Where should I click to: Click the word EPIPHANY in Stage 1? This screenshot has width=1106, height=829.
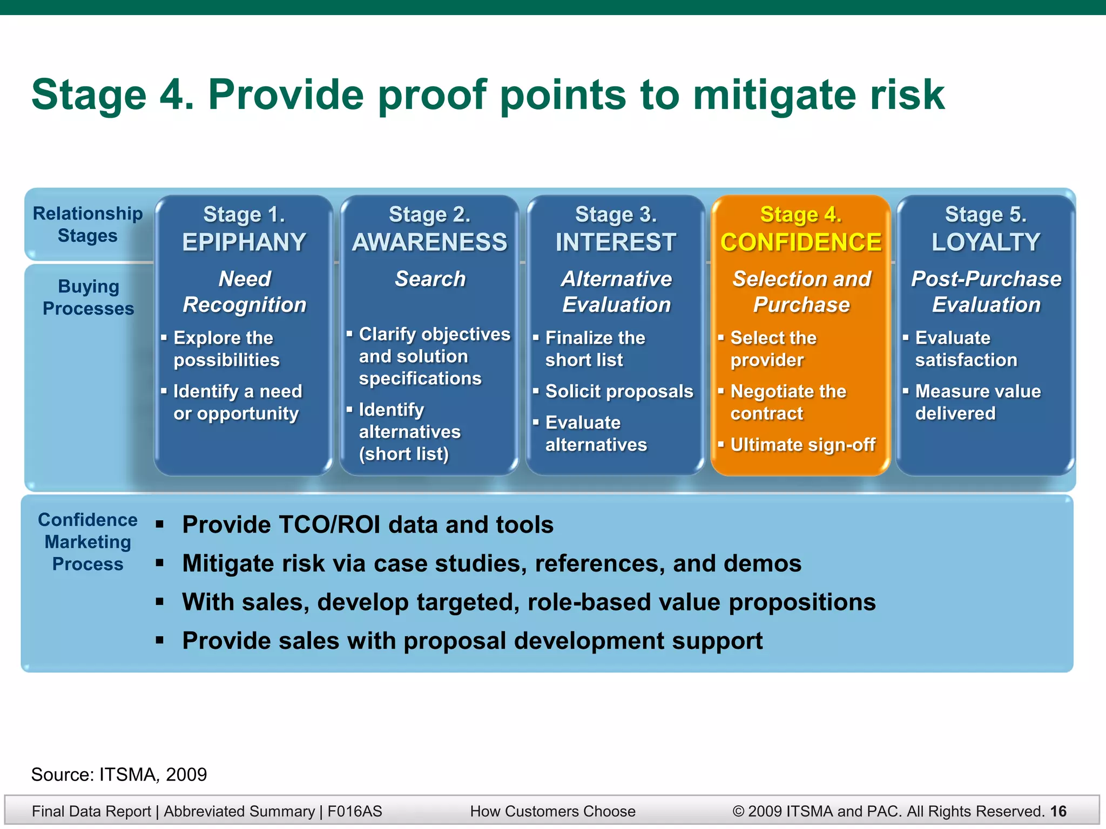coord(244,242)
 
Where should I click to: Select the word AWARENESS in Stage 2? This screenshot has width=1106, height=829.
coord(430,242)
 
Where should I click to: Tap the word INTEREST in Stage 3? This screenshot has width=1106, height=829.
coord(616,242)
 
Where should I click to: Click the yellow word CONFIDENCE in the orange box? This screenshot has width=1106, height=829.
coord(801,242)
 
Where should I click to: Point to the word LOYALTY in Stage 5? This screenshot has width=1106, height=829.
coord(986,242)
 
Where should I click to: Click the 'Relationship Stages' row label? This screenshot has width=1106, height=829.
coord(87,225)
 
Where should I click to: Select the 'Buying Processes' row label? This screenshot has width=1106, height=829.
coord(89,297)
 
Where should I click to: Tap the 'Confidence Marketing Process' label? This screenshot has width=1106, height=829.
coord(87,542)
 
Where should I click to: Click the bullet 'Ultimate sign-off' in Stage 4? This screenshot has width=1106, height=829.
coord(802,445)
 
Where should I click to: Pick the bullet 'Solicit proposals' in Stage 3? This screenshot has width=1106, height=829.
coord(619,391)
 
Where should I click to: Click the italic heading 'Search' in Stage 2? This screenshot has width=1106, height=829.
coord(430,279)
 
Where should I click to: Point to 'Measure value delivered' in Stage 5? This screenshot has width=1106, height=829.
coord(977,402)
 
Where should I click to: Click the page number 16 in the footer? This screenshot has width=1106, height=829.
coord(1058,811)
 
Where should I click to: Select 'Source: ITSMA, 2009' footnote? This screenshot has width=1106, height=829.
coord(119,774)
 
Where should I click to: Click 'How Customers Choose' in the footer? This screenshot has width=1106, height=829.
coord(552,811)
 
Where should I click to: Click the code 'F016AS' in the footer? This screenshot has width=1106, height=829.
coord(354,811)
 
